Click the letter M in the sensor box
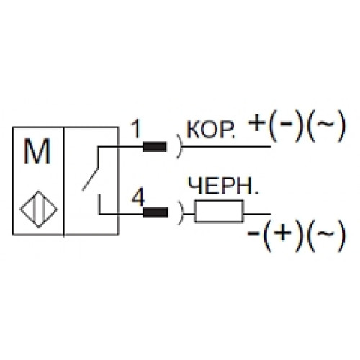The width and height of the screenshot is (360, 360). [37, 152]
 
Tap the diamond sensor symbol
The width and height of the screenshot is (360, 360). [39, 209]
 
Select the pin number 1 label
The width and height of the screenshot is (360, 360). [136, 130]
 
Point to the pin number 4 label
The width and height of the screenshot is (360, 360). [138, 197]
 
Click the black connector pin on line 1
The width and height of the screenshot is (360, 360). [154, 147]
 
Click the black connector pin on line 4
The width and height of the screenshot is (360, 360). [155, 212]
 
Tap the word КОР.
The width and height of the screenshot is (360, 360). [210, 130]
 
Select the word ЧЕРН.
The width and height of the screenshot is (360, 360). [223, 186]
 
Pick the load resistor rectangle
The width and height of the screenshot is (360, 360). [219, 211]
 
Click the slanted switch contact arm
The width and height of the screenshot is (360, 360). [91, 179]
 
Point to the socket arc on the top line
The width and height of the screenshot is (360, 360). [180, 146]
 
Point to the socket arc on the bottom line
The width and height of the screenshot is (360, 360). [181, 213]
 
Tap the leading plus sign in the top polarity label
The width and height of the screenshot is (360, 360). [257, 123]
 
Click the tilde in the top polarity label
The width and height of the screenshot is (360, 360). [326, 124]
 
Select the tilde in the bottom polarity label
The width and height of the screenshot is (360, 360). [325, 233]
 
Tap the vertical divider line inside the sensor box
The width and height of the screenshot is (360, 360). [64, 181]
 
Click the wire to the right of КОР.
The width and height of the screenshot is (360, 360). [227, 146]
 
